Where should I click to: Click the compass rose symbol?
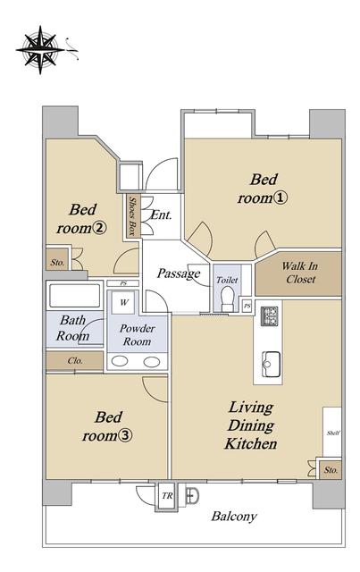[40, 50]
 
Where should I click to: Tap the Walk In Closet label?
[300, 273]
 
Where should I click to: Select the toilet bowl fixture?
[228, 299]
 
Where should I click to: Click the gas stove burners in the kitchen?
[270, 315]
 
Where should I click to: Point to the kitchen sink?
[271, 365]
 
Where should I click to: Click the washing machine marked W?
[124, 302]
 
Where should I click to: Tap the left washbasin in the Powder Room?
[120, 361]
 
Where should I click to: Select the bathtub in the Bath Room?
[74, 296]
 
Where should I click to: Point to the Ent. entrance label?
[161, 214]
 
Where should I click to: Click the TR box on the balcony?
[167, 496]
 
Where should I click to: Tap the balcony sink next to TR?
[191, 495]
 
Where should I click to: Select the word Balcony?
[235, 517]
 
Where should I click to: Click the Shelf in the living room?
[332, 432]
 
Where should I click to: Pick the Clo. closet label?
[75, 361]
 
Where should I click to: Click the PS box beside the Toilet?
[247, 306]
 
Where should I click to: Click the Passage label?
[179, 273]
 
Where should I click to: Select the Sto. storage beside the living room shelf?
[331, 470]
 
